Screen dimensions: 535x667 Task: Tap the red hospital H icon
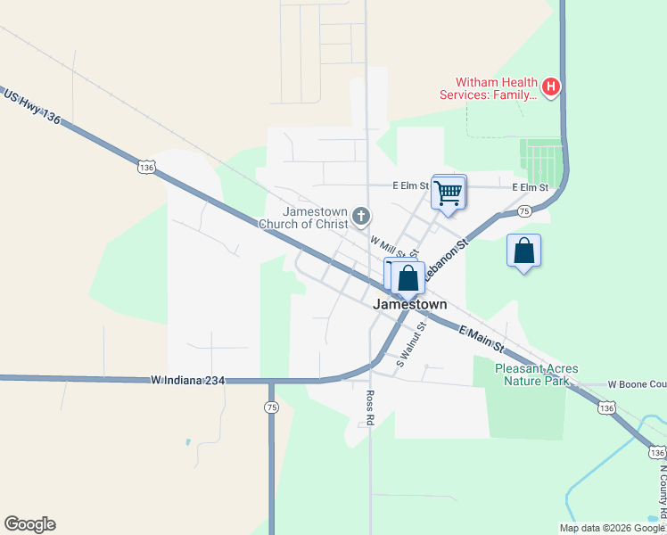pyautogui.click(x=551, y=86)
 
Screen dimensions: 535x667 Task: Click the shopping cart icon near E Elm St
pyautogui.click(x=449, y=192)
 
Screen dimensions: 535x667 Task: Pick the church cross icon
pyautogui.click(x=361, y=216)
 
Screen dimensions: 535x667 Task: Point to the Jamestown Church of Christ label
pyautogui.click(x=303, y=218)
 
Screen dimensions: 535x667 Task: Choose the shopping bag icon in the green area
pyautogui.click(x=524, y=251)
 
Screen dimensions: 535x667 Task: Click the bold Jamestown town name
pyautogui.click(x=409, y=304)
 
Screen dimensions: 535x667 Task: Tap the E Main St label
pyautogui.click(x=482, y=339)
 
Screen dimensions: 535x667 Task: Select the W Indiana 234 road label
pyautogui.click(x=187, y=381)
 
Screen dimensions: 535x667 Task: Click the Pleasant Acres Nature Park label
pyautogui.click(x=537, y=374)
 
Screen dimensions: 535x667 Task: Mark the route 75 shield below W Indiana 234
pyautogui.click(x=271, y=407)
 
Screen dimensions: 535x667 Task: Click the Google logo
pyautogui.click(x=29, y=524)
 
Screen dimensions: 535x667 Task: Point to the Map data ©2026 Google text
pyautogui.click(x=610, y=528)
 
